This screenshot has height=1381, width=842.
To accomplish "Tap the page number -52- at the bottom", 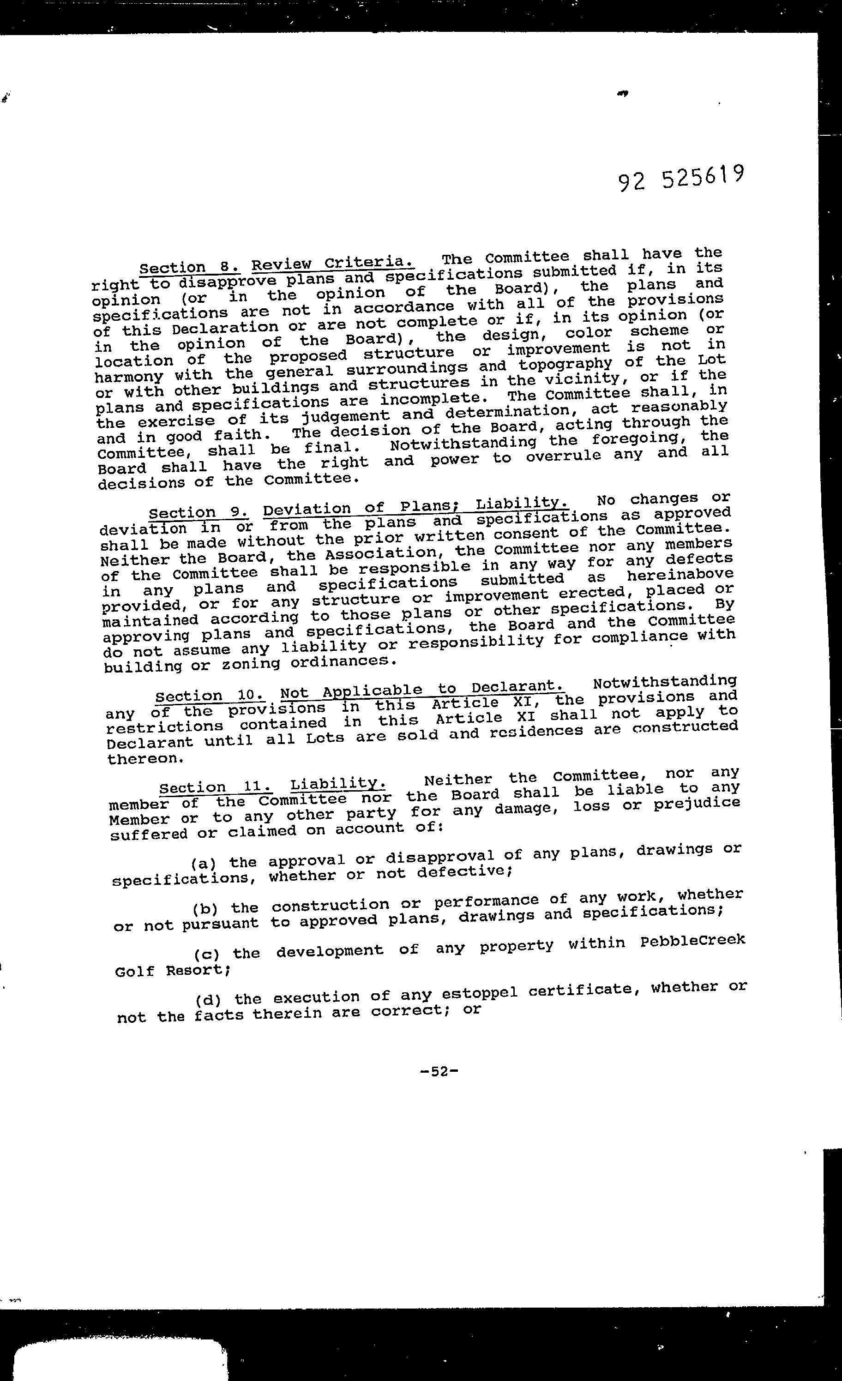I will click(x=439, y=1071).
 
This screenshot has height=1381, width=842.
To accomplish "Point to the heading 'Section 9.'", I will click(x=198, y=512).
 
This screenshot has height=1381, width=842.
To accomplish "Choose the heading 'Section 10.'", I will click(x=210, y=696).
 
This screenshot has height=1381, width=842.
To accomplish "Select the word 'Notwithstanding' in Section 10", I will click(x=664, y=682).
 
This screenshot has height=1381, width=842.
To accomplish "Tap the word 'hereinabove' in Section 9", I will click(x=680, y=575).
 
